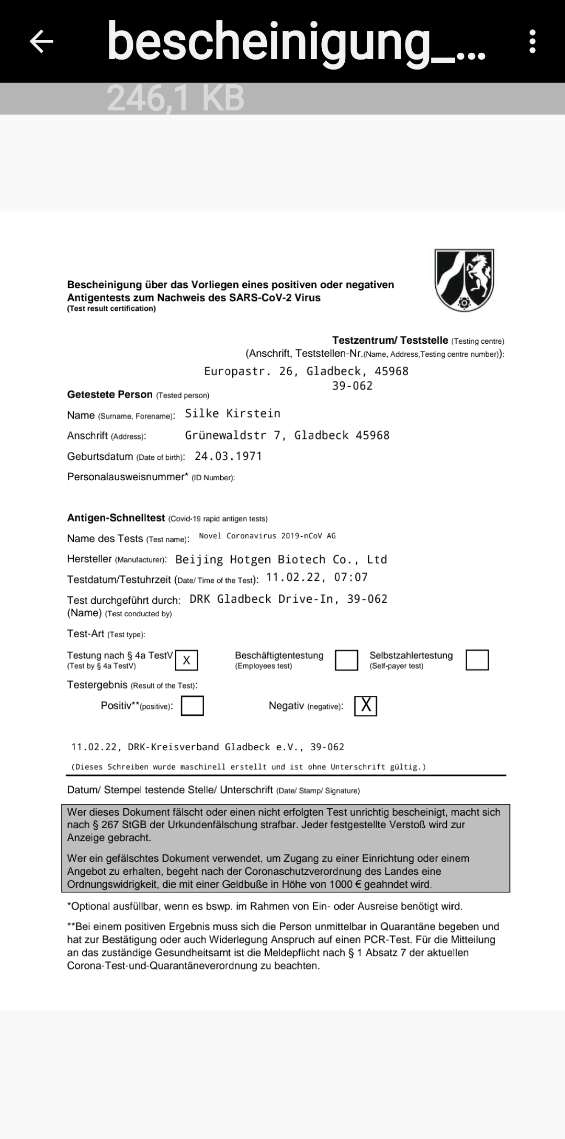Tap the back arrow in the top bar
(42, 41)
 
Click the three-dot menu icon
(533, 41)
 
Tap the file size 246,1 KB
(176, 98)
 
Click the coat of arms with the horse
(464, 280)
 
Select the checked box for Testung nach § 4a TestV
(187, 660)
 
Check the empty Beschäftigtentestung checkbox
(346, 660)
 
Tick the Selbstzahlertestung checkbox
(477, 660)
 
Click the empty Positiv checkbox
(192, 706)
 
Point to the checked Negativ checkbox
(366, 706)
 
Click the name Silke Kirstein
(233, 414)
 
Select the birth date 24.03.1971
(228, 456)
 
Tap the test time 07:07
(351, 577)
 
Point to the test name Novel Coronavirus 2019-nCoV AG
(267, 536)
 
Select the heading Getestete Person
(110, 394)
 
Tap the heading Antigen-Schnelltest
(116, 518)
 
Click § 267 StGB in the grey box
(114, 825)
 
